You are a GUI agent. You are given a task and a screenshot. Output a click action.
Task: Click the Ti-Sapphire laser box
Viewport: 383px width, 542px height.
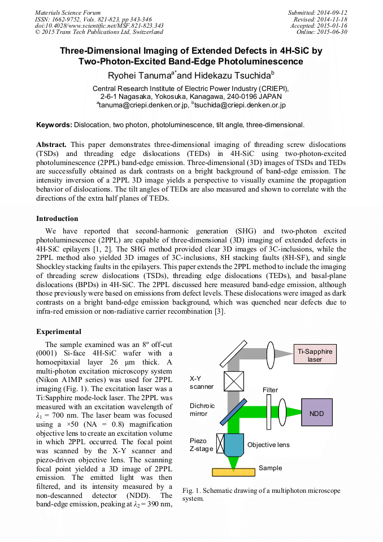[x=315, y=355]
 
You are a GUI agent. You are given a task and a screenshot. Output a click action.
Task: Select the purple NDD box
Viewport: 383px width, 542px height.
[x=317, y=414]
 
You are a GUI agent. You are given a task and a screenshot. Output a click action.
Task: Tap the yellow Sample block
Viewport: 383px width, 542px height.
[x=233, y=472]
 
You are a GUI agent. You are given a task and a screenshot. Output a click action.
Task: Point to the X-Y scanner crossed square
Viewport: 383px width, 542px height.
[x=233, y=381]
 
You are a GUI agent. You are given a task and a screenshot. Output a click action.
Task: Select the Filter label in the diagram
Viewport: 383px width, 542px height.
[x=271, y=390]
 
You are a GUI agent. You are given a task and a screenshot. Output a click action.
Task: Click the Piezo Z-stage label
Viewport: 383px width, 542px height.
[x=202, y=445]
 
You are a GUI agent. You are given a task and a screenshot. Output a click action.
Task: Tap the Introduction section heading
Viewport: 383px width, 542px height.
[x=57, y=219]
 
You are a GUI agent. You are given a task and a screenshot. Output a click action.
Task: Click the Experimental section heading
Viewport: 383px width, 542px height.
[x=59, y=332]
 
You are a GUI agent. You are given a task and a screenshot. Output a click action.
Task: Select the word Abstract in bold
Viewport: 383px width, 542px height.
[x=51, y=145]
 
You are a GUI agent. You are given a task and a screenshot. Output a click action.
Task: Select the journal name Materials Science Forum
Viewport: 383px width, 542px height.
[x=68, y=12]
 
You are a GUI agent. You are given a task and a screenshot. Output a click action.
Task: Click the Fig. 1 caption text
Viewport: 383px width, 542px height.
[x=260, y=495]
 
